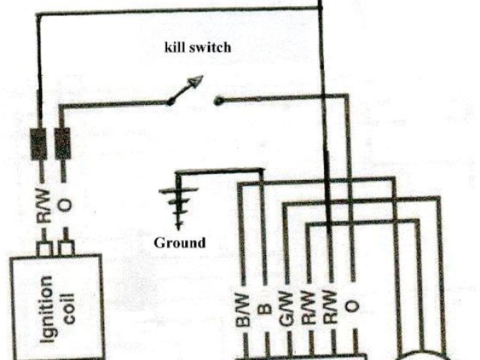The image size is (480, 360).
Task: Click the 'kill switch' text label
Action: coord(198,47)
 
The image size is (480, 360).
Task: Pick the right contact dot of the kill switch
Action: coord(217,100)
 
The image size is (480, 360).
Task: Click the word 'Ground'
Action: coord(178,242)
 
